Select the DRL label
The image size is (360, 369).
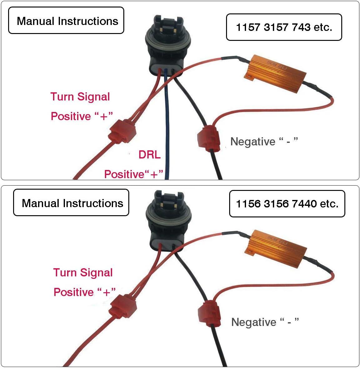tap(150, 155)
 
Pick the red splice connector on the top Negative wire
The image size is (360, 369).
tap(209, 138)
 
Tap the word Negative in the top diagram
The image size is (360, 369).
tap(253, 142)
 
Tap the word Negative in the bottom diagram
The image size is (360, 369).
tap(254, 322)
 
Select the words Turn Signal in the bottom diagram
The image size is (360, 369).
tap(83, 273)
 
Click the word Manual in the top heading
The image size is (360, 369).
tap(36, 21)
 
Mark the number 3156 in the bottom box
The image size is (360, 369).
tap(276, 204)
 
